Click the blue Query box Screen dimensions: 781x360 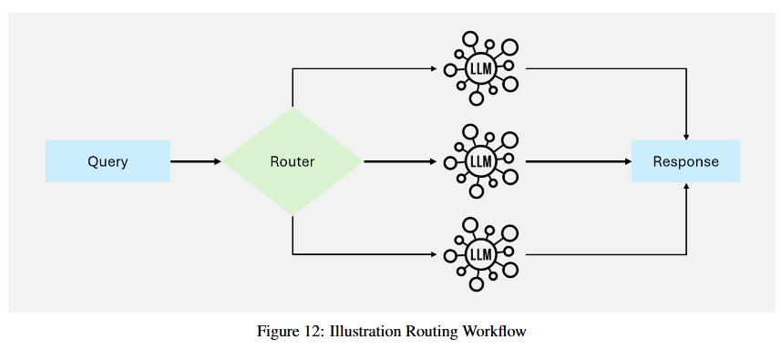(108, 161)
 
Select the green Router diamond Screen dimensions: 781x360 (293, 161)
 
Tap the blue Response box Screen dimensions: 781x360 (686, 161)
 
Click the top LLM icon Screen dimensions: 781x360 (480, 68)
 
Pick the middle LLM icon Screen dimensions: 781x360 (480, 161)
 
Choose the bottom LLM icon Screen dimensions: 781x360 (480, 254)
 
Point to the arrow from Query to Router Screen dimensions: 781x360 (196, 161)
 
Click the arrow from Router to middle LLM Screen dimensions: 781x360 (400, 161)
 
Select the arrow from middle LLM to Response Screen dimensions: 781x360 (579, 161)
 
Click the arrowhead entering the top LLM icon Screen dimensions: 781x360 (434, 68)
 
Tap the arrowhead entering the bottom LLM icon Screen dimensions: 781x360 (434, 254)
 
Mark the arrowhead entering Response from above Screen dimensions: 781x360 (686, 137)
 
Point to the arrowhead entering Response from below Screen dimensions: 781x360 (686, 186)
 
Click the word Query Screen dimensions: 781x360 (108, 162)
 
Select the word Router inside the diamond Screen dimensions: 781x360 (293, 162)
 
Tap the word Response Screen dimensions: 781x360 (686, 162)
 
